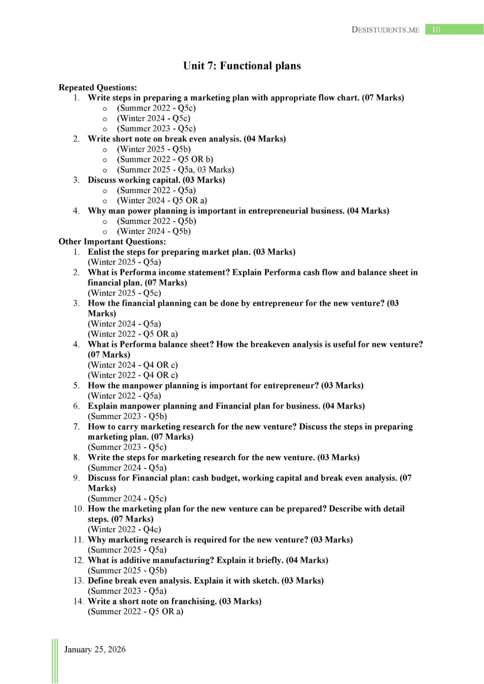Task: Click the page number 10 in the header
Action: point(436,30)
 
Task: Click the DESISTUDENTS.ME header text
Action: point(385,30)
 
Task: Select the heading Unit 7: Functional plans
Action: point(242,66)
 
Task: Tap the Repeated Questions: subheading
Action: point(97,88)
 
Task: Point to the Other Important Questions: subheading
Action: point(112,241)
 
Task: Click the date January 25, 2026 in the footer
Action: point(95,649)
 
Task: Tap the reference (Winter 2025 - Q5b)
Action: point(153,149)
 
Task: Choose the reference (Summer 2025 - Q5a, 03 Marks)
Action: point(175,170)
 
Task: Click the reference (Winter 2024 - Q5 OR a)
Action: point(162,201)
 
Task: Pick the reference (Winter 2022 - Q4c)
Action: point(124,529)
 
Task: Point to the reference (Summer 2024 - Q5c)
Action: point(127,499)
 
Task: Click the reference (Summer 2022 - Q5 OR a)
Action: point(135,611)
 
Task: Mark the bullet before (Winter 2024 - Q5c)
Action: point(105,119)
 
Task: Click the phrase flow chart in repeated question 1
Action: point(338,97)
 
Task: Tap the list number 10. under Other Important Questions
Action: point(79,508)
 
